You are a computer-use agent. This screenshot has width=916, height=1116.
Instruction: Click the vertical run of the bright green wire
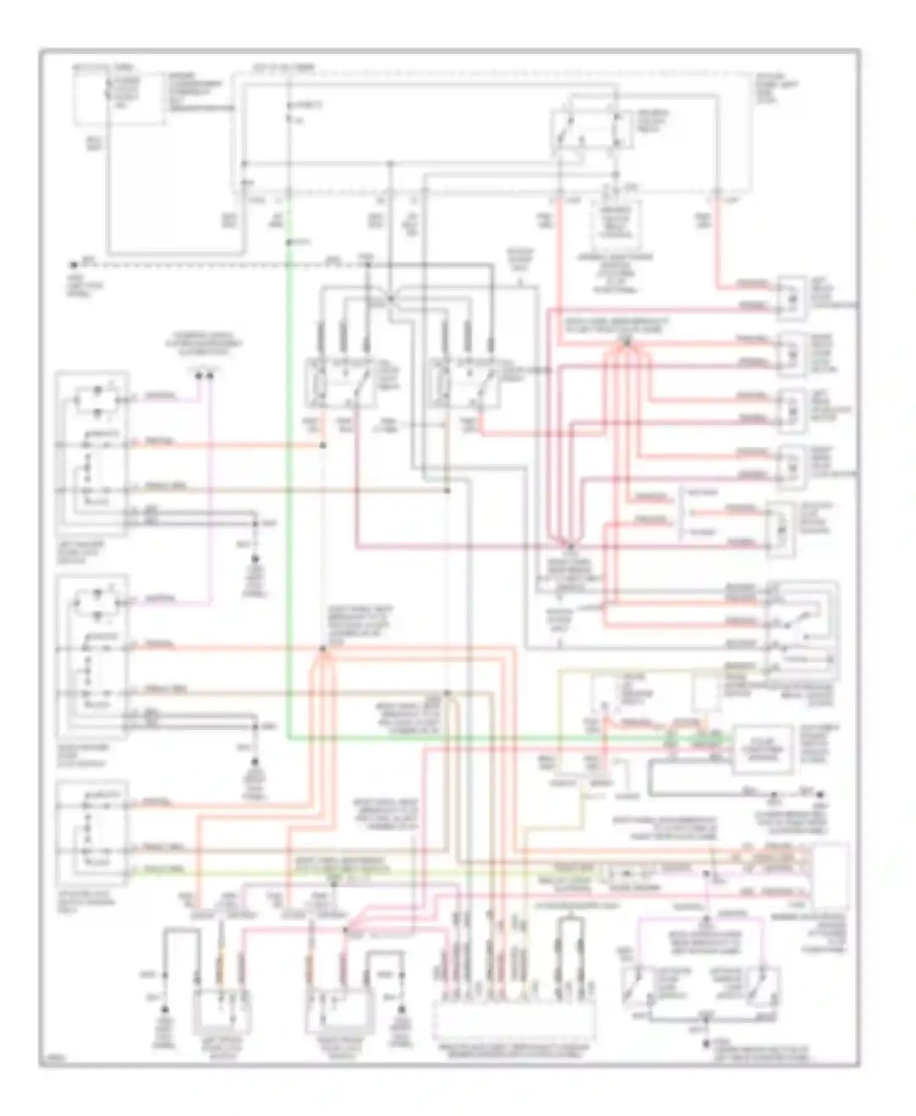pyautogui.click(x=287, y=488)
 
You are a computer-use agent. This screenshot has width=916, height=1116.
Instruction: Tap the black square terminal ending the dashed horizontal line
pyautogui.click(x=74, y=265)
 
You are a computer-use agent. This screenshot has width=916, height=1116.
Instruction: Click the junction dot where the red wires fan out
pyautogui.click(x=627, y=343)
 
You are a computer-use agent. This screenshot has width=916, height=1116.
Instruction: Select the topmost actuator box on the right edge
pyautogui.click(x=791, y=297)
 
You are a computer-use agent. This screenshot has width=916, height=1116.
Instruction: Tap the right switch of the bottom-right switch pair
pyautogui.click(x=763, y=984)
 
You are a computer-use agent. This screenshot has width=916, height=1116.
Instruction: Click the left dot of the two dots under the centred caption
pyautogui.click(x=198, y=375)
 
